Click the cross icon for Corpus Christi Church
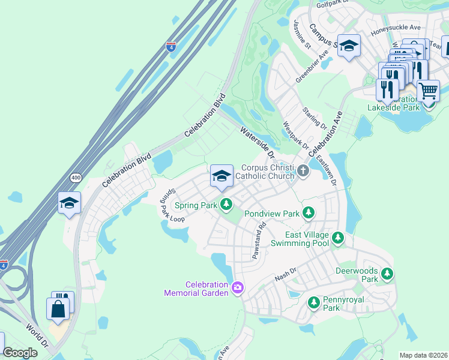click(303, 172)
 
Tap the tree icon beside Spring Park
click(226, 205)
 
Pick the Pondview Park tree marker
click(308, 213)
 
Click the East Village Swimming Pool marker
click(338, 238)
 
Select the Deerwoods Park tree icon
click(387, 274)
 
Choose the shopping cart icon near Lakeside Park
click(427, 91)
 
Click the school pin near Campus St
click(348, 46)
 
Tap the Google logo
click(20, 353)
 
